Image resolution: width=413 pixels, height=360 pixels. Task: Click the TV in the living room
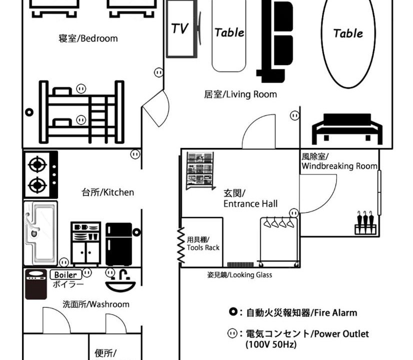(181, 28)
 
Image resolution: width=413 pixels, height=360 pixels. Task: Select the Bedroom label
(88, 38)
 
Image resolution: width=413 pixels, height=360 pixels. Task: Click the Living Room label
(240, 94)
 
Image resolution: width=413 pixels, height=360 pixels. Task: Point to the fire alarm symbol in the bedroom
(29, 112)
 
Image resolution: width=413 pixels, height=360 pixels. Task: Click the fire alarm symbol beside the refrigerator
(136, 232)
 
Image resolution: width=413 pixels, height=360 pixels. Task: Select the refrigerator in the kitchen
(119, 244)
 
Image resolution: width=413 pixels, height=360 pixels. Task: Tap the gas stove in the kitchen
(41, 174)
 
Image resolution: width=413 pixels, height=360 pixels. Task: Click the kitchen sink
(40, 233)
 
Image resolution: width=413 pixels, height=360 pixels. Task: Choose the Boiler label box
(65, 274)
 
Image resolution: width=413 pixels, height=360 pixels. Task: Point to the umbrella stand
(365, 223)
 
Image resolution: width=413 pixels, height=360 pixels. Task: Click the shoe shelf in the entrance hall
(200, 170)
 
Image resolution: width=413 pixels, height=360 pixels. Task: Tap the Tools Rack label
(203, 243)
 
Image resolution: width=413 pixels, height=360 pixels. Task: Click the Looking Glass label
(239, 275)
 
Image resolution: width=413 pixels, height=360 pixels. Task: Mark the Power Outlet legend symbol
(232, 333)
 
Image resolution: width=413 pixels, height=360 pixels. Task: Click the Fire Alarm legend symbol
(233, 312)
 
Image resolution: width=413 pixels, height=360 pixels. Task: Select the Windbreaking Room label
(339, 161)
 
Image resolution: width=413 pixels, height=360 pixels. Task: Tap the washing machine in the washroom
(36, 284)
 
